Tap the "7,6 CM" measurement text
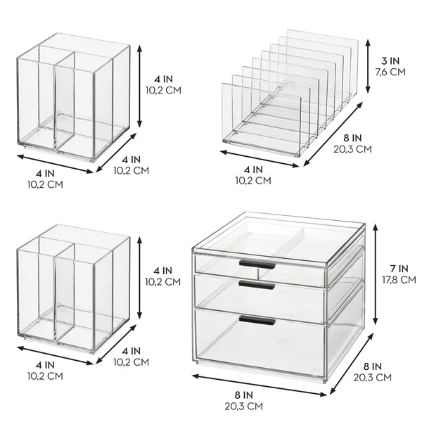pyautogui.click(x=390, y=72)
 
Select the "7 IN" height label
pyautogui.click(x=399, y=269)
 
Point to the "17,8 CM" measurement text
pyautogui.click(x=399, y=280)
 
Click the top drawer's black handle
pyautogui.click(x=257, y=264)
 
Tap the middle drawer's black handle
pyautogui.click(x=257, y=285)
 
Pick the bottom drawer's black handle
pyautogui.click(x=257, y=320)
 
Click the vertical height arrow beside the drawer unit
pyautogui.click(x=376, y=274)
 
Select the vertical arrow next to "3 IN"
pyautogui.click(x=368, y=66)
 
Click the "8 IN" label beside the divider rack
pyautogui.click(x=352, y=138)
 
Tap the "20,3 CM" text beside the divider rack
pyautogui.click(x=352, y=149)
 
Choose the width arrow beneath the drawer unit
pyautogui.click(x=260, y=385)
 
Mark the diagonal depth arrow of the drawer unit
pyautogui.click(x=352, y=364)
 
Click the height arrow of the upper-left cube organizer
pyautogui.click(x=139, y=86)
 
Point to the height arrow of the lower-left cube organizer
pyautogui.click(x=139, y=278)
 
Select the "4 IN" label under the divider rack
pyautogui.click(x=253, y=170)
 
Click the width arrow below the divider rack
pyautogui.click(x=260, y=159)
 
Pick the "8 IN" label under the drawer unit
pyautogui.click(x=244, y=395)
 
